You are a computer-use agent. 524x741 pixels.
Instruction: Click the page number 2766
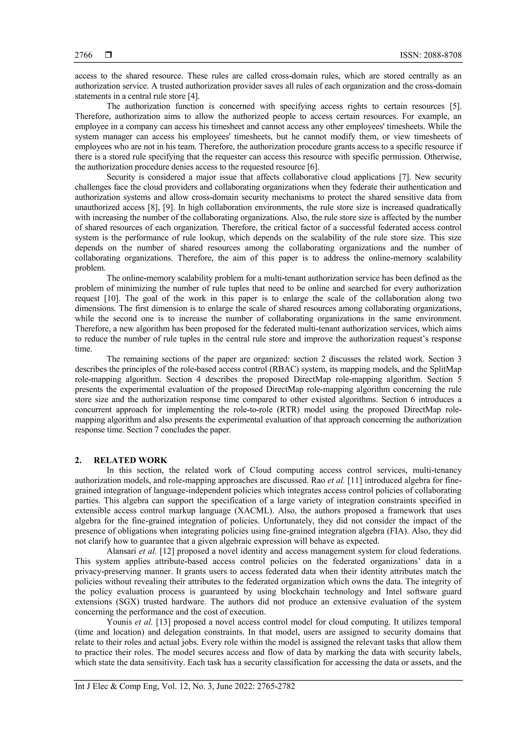pyautogui.click(x=83, y=55)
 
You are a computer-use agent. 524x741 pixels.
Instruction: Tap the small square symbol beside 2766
pyautogui.click(x=108, y=55)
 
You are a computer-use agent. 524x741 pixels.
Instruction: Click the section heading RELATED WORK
pyautogui.click(x=130, y=460)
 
